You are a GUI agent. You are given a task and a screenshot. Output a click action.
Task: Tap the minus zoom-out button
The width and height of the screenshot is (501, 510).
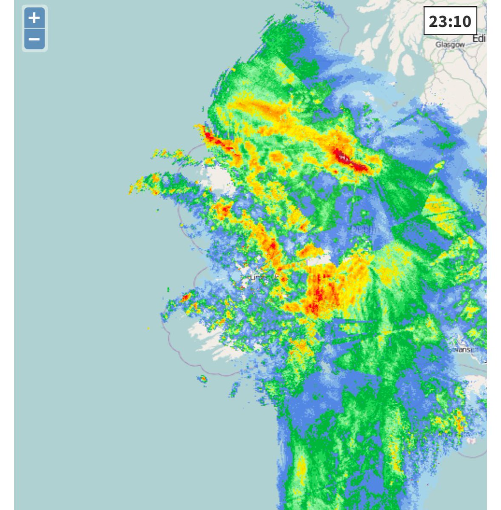pyautogui.click(x=34, y=40)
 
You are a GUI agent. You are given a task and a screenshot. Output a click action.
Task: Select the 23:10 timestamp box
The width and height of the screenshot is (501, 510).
pyautogui.click(x=450, y=21)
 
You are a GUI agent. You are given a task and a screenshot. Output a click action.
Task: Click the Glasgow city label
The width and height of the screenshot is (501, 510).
pyautogui.click(x=450, y=45)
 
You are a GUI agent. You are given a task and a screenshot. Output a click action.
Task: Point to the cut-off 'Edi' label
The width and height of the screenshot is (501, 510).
pyautogui.click(x=479, y=39)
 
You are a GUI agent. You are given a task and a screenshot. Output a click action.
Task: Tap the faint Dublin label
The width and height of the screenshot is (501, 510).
pyautogui.click(x=365, y=229)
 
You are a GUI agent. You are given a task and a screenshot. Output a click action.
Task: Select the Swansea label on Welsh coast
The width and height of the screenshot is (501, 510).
pyautogui.click(x=466, y=349)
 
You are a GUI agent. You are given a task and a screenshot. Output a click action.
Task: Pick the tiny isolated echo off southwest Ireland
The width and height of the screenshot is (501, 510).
pyautogui.click(x=203, y=379)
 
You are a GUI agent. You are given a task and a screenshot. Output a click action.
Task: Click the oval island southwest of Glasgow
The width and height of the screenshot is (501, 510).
pyautogui.click(x=407, y=64)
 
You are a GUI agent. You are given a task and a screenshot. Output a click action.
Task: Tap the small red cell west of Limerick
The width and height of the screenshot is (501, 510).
pyautogui.click(x=185, y=297)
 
